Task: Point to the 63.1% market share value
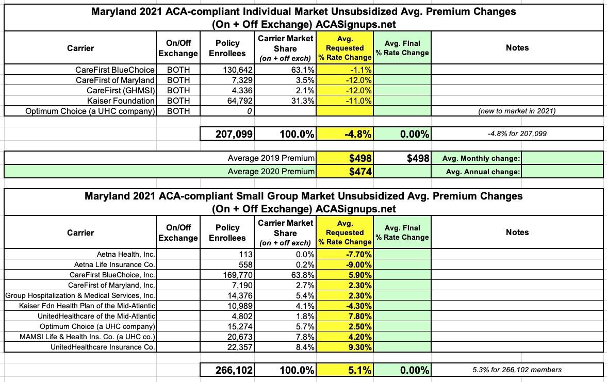pyautogui.click(x=302, y=70)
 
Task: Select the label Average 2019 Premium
pyautogui.click(x=271, y=158)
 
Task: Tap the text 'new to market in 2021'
pyautogui.click(x=517, y=111)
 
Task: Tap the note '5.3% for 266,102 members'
pyautogui.click(x=517, y=370)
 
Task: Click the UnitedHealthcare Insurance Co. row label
pyautogui.click(x=103, y=347)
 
